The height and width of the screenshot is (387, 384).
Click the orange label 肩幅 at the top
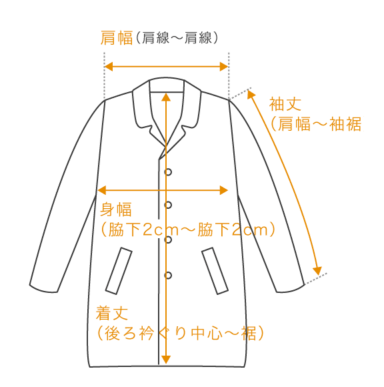117,38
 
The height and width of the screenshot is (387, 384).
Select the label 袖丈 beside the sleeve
285,104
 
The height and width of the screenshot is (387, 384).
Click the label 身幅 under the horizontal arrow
116,210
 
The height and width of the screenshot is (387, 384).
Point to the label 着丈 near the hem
112,313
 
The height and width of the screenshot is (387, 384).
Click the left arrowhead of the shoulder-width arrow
109,67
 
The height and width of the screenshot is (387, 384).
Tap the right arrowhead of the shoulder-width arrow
224,67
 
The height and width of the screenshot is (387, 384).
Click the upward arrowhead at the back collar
166,97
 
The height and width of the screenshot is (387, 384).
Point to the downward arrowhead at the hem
166,360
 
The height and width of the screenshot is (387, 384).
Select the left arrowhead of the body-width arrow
102,190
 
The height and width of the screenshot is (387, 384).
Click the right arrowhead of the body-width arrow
224,190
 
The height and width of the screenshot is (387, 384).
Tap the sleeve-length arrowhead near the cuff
317,271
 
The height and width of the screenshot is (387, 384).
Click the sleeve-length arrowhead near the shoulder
251,95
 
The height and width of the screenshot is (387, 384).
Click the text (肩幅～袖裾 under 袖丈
316,123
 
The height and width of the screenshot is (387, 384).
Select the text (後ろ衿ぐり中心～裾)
181,333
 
